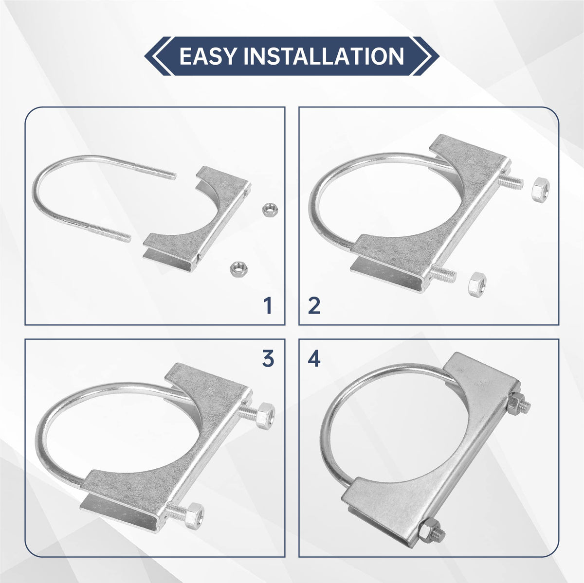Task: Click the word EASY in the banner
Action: click(x=207, y=56)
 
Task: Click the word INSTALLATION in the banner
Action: click(x=324, y=56)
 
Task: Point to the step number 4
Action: click(x=314, y=359)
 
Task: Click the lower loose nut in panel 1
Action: click(x=237, y=267)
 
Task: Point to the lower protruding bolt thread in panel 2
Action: click(x=443, y=273)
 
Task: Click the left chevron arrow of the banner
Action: click(x=158, y=56)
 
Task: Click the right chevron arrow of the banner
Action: click(x=425, y=56)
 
